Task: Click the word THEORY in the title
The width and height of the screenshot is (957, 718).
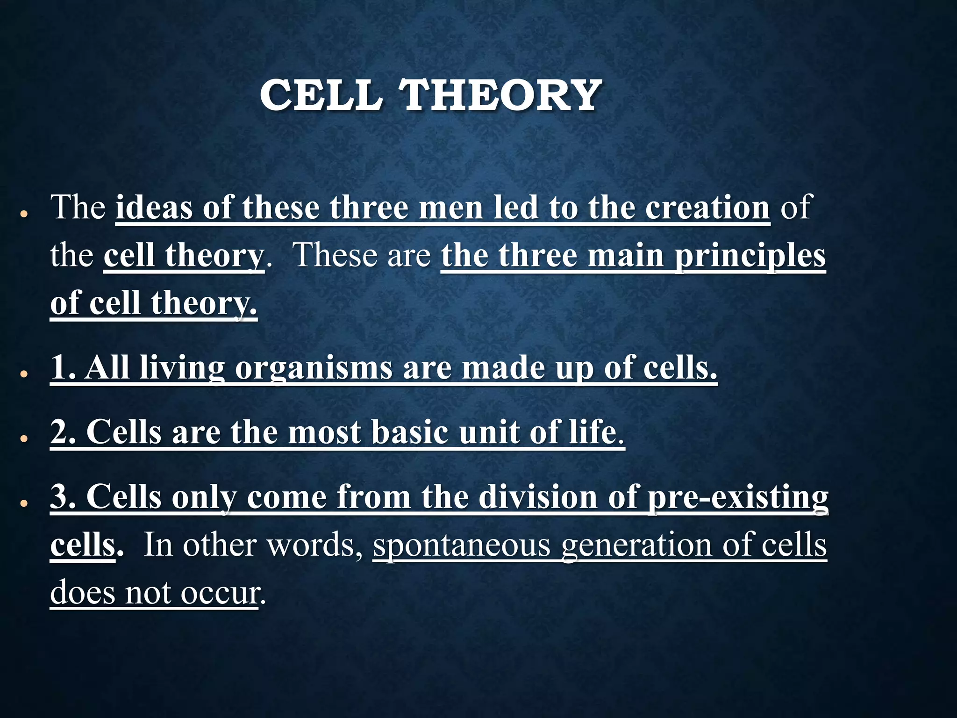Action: pyautogui.click(x=501, y=95)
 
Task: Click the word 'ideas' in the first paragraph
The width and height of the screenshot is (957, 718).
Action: pyautogui.click(x=154, y=208)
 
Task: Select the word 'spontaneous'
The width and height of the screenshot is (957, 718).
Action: pyautogui.click(x=462, y=546)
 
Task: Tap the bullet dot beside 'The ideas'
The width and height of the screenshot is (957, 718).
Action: pyautogui.click(x=23, y=215)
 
